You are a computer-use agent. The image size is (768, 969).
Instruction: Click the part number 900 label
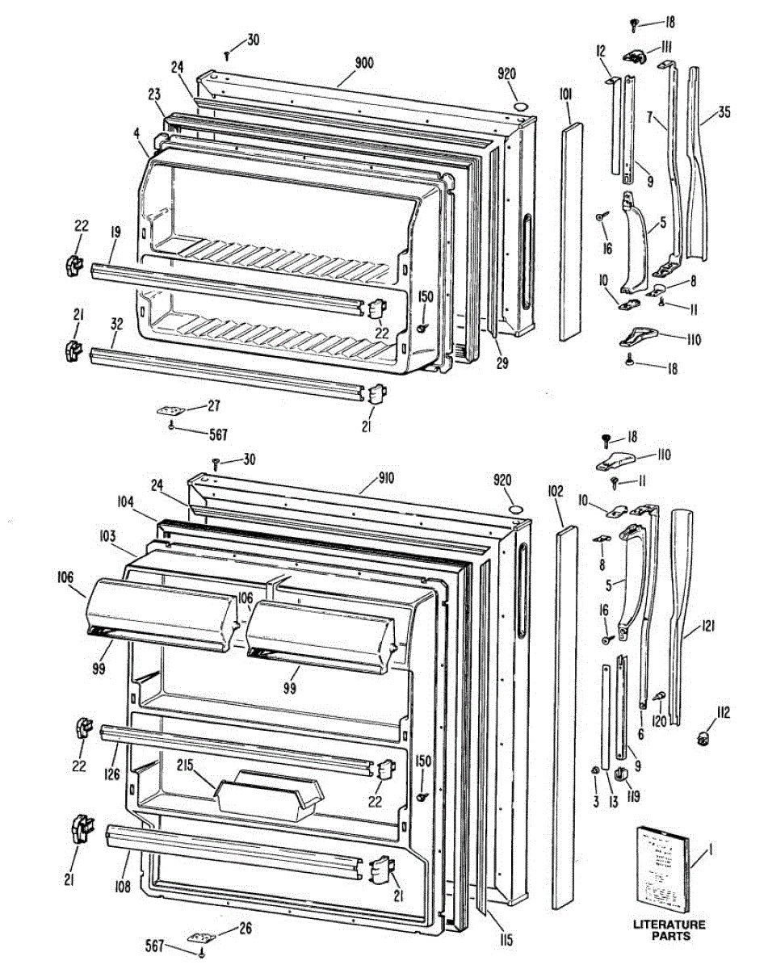(363, 63)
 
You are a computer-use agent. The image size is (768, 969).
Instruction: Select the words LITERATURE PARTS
(669, 930)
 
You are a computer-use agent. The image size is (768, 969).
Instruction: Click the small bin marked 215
(268, 796)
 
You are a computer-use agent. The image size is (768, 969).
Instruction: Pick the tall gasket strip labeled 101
(573, 226)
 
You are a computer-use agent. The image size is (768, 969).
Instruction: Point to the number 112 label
(721, 711)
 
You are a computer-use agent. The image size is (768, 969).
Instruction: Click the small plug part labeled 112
(703, 737)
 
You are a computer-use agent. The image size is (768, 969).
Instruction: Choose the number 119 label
(634, 797)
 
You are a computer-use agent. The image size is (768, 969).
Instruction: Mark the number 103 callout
(107, 535)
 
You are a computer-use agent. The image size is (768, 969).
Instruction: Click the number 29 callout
(502, 363)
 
